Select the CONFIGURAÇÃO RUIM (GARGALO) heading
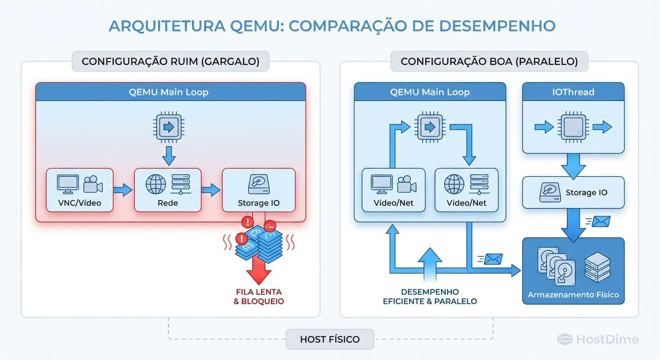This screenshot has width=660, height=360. [170, 61]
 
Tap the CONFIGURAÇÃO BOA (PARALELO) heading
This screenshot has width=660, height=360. [489, 61]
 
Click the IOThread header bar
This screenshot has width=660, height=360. [573, 92]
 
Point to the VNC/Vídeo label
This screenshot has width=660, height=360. [79, 203]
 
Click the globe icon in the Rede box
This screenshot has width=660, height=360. [155, 184]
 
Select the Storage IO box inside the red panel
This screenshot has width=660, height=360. [258, 190]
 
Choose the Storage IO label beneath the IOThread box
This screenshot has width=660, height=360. [586, 193]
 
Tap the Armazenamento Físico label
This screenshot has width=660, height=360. [573, 295]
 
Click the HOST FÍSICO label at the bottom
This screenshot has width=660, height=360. [330, 339]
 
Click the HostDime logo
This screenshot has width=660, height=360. [598, 339]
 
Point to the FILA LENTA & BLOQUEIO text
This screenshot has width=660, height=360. [258, 296]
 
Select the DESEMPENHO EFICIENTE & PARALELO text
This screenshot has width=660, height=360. [429, 296]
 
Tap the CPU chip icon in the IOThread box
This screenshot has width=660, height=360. [573, 127]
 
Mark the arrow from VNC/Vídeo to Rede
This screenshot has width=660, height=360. [123, 190]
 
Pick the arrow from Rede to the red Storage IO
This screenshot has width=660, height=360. [211, 190]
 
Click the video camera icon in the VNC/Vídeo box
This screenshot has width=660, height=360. [93, 184]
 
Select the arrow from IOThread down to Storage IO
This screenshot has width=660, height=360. [573, 165]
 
